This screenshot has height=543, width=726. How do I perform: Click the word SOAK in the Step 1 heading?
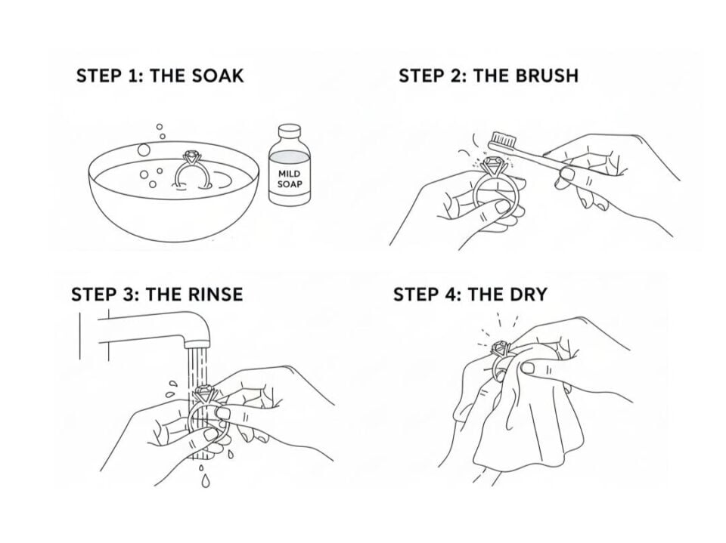point(217,76)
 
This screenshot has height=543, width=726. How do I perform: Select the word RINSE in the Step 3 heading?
point(216,295)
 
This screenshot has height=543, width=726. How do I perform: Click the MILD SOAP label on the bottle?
point(290,179)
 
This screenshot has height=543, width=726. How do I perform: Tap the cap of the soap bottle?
point(290,129)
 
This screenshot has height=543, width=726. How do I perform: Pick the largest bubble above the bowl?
point(144,150)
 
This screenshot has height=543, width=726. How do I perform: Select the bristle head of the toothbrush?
point(501,138)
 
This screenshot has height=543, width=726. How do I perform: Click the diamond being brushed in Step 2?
point(492,164)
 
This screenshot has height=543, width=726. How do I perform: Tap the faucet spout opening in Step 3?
point(197,344)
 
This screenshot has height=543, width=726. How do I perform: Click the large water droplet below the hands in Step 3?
point(206,481)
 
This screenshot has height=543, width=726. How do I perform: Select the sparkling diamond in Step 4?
point(501,346)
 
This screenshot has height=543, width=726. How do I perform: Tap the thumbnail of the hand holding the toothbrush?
point(566,174)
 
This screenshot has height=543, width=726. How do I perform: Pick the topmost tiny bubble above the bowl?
point(160,126)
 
